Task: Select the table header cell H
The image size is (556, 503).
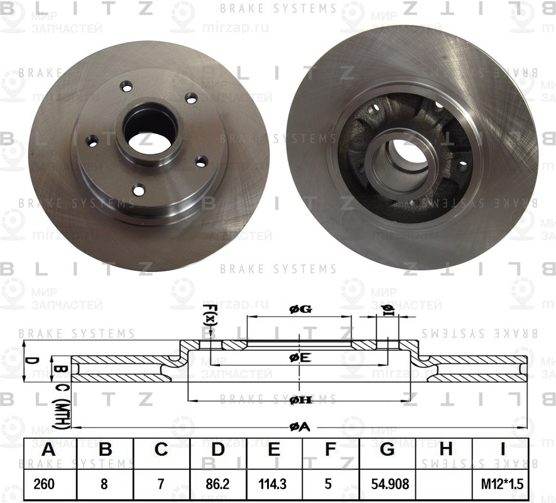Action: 445,450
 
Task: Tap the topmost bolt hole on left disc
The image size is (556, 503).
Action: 128,86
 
